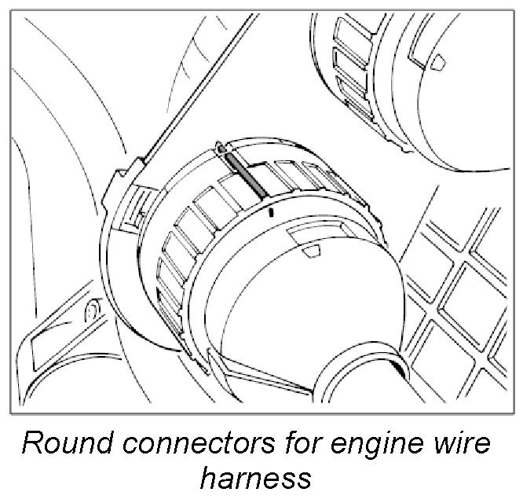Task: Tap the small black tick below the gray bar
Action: (x=271, y=212)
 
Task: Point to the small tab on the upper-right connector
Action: (x=438, y=58)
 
